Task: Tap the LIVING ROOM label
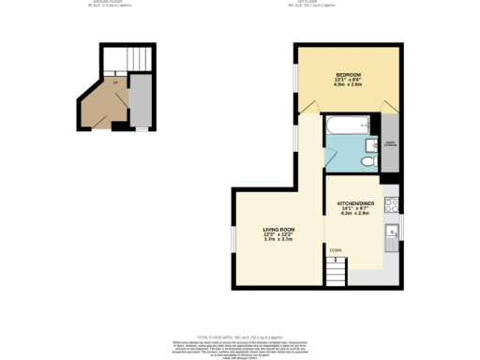[x=278, y=230]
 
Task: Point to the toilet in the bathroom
[x=368, y=161]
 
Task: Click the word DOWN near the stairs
[x=335, y=249]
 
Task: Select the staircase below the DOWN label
[x=336, y=273]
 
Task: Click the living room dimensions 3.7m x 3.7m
[x=278, y=240]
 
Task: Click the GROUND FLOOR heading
[x=105, y=4]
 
